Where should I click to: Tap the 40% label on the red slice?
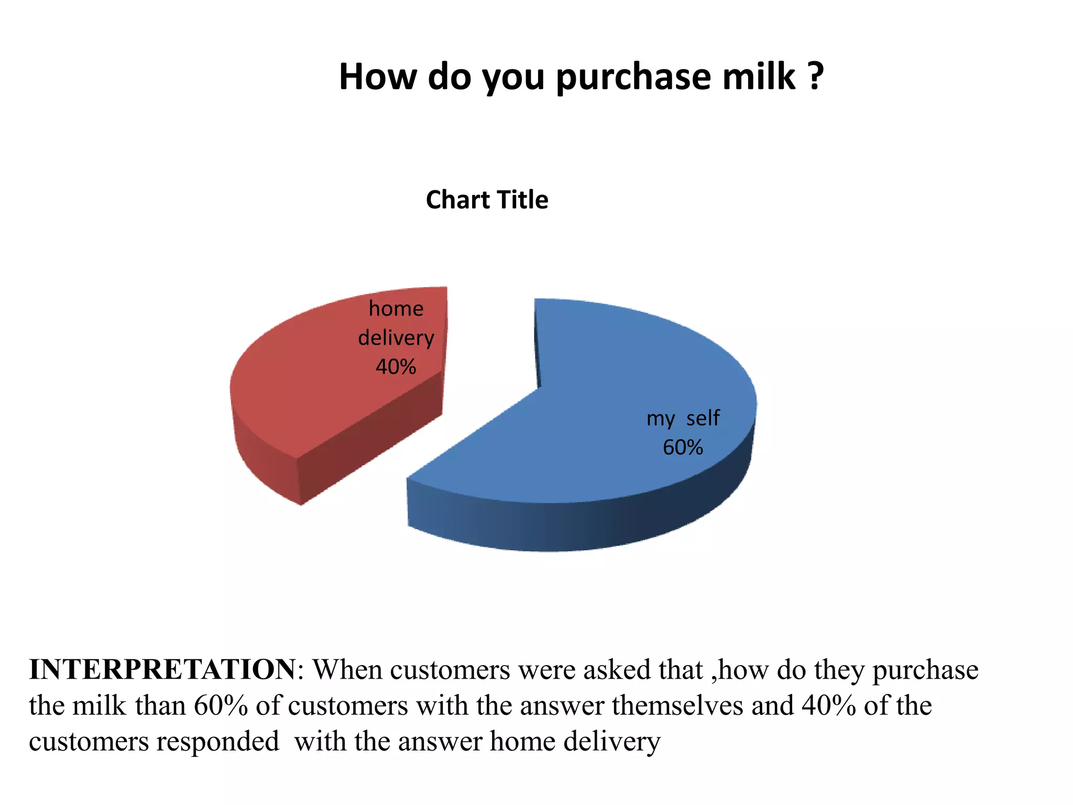click(396, 367)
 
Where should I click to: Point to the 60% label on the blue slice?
click(683, 448)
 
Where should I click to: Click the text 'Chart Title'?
click(487, 200)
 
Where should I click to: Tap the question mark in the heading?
click(815, 77)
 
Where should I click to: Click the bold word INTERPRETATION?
click(162, 670)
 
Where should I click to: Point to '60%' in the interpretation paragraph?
click(221, 705)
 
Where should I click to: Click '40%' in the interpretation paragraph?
click(828, 705)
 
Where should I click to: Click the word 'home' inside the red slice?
click(396, 309)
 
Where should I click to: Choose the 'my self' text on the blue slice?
click(683, 418)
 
